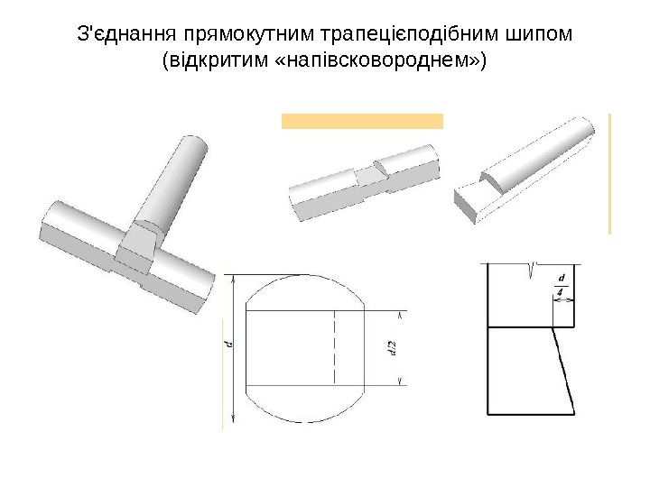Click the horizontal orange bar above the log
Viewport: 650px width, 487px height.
click(362, 122)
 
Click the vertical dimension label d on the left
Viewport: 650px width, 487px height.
click(229, 344)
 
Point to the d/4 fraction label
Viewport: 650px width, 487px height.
click(562, 284)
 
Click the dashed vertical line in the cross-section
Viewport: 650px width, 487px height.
click(335, 347)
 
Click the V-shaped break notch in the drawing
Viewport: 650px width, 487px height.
click(531, 269)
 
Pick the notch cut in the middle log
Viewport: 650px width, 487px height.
click(372, 174)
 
